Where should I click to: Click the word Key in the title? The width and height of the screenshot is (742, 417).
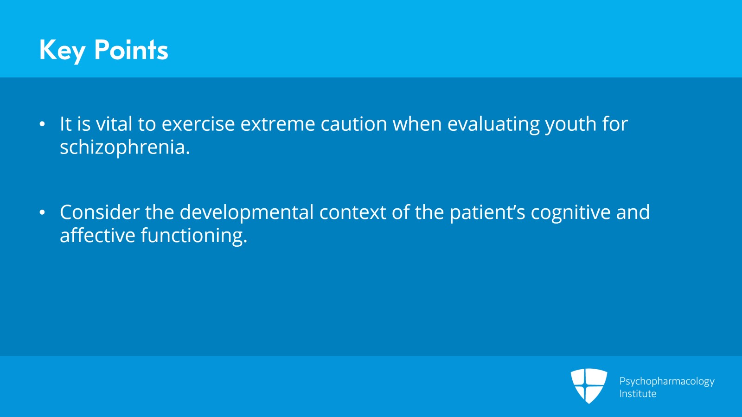coord(63,51)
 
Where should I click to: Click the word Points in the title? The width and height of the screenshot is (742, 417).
coord(131,50)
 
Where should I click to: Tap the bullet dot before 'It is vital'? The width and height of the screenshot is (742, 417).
coord(42,124)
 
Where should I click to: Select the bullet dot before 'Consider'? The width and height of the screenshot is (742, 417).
coord(42,212)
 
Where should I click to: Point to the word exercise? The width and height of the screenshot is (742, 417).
coord(198,123)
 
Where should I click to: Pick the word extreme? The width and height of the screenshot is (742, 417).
coord(278,124)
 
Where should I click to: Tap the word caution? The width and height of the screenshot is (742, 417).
coord(354,123)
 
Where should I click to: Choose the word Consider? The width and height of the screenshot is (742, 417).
coord(100,212)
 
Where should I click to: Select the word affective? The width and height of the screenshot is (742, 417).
coord(98,235)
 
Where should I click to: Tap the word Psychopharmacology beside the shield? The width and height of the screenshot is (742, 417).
coord(667,382)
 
